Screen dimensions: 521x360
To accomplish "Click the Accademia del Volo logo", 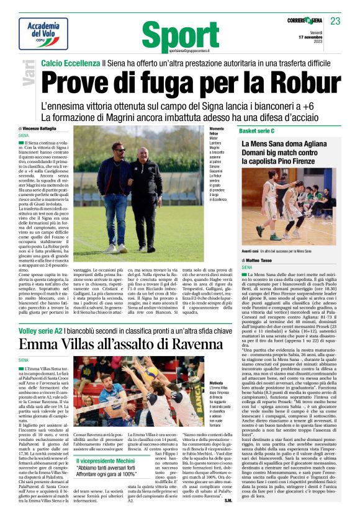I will [43, 33].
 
